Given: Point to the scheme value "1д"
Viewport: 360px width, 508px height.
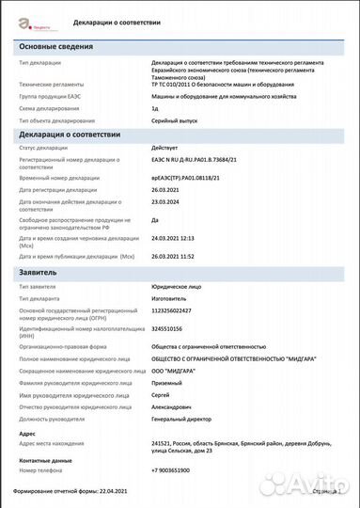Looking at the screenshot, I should (154, 109).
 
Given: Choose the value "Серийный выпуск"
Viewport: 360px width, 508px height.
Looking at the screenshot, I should (176, 121).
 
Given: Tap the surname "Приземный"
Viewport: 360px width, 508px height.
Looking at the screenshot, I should (169, 382).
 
